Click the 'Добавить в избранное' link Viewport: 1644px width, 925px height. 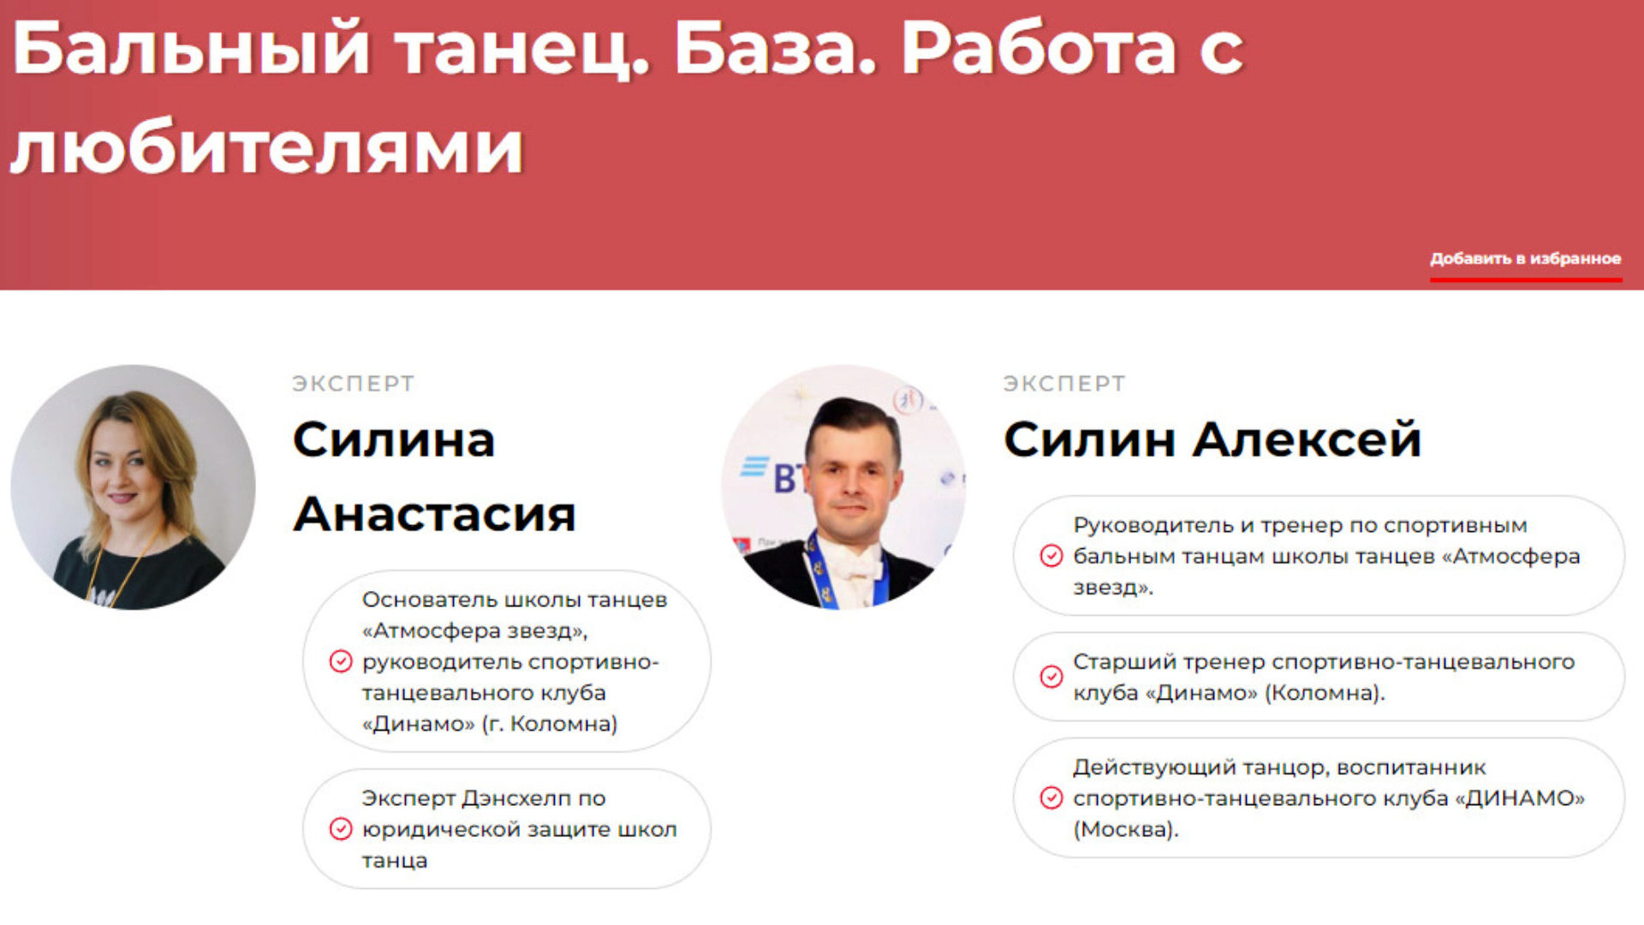1525,259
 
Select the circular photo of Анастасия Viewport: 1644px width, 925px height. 133,487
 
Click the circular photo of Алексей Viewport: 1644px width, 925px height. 843,487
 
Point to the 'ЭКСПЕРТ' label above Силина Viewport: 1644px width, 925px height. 354,384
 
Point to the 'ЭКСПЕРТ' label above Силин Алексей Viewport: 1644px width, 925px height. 1064,384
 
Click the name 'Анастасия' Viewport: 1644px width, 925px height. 434,514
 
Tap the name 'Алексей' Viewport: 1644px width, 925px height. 1307,439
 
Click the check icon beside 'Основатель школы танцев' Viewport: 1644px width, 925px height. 341,661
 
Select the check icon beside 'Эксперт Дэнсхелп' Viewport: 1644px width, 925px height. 341,829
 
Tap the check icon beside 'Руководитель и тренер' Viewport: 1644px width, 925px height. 1051,556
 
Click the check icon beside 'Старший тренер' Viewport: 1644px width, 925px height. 1051,677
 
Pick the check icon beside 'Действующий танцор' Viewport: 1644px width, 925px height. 1051,798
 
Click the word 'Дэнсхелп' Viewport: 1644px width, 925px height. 516,798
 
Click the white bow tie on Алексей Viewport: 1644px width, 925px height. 849,561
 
